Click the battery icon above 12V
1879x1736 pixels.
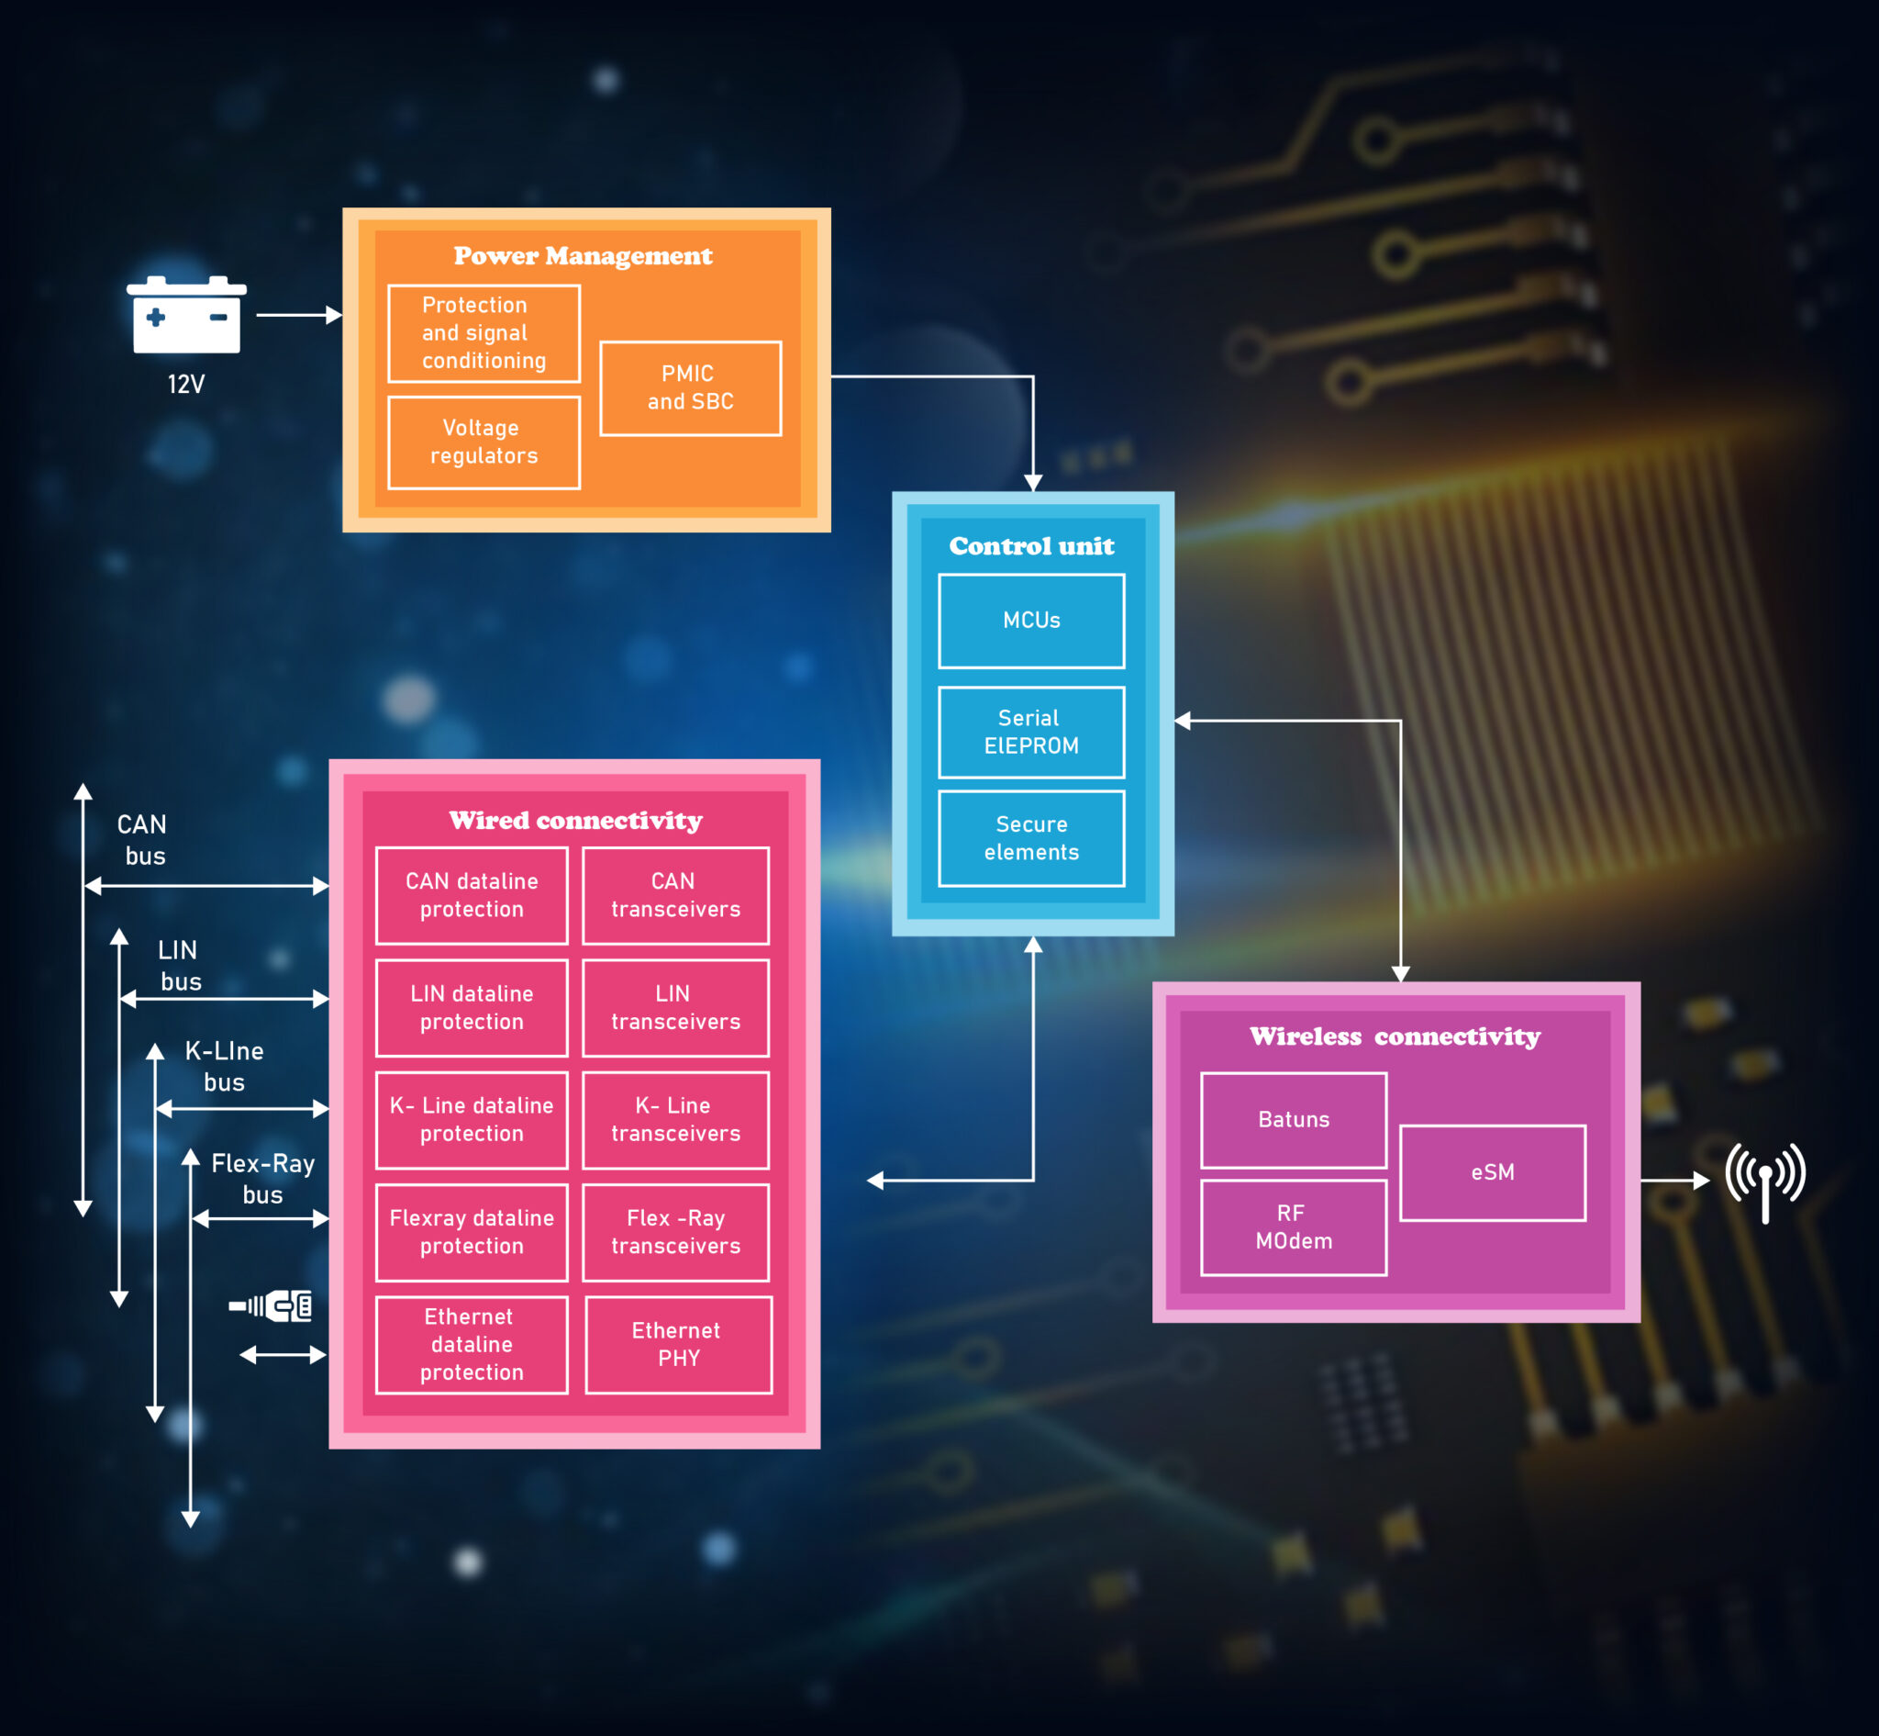pos(186,315)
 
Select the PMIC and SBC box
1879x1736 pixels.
pos(690,388)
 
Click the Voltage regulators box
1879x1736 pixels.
pos(484,442)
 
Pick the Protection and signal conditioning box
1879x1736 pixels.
pos(484,333)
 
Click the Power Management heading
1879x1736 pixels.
pos(584,255)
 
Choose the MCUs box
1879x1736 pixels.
pos(1031,621)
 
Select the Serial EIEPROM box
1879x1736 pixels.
pos(1031,732)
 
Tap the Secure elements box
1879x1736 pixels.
pos(1031,838)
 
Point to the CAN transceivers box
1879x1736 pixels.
pos(675,895)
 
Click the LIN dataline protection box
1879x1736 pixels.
pos(472,1008)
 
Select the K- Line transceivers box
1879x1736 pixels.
pos(675,1120)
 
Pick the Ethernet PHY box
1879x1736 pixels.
pos(678,1344)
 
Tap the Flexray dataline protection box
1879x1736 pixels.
pos(472,1233)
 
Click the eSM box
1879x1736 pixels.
pos(1492,1172)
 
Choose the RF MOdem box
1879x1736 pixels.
pos(1293,1226)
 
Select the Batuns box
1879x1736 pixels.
pos(1293,1120)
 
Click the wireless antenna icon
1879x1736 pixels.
pos(1764,1180)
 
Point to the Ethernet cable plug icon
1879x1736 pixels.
pos(272,1305)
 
